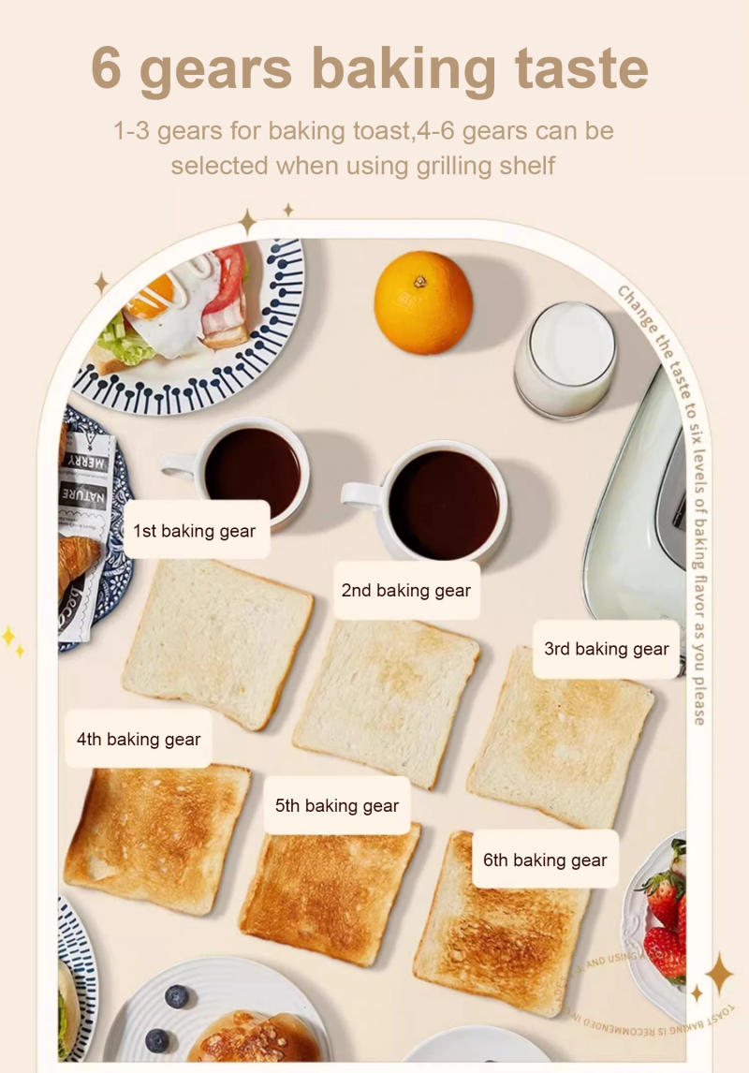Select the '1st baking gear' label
coord(195,531)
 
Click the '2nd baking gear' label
coord(406,591)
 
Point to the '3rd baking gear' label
coord(607,649)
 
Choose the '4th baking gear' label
coord(139,739)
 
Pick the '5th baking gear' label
coord(337,805)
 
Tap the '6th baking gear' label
coord(545,860)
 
